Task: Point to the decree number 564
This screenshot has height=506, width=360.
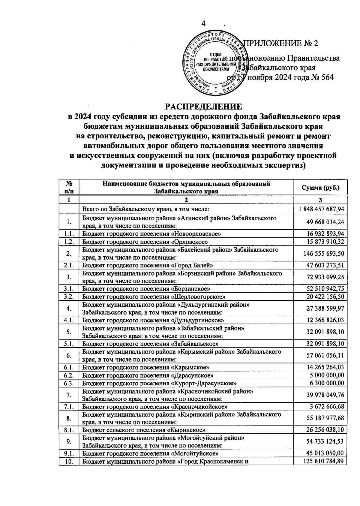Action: (x=326, y=77)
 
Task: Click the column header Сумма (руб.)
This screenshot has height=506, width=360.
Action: (x=320, y=188)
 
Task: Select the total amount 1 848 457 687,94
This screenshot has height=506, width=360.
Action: (x=321, y=209)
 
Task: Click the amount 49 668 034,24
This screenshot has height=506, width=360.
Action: (x=325, y=222)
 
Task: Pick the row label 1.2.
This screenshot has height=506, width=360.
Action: (x=69, y=242)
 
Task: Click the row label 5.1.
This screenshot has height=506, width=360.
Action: (x=69, y=344)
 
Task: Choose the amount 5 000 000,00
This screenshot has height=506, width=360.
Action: (x=327, y=375)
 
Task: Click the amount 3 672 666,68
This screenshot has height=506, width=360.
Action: (x=327, y=407)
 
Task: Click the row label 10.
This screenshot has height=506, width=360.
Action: (x=69, y=461)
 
